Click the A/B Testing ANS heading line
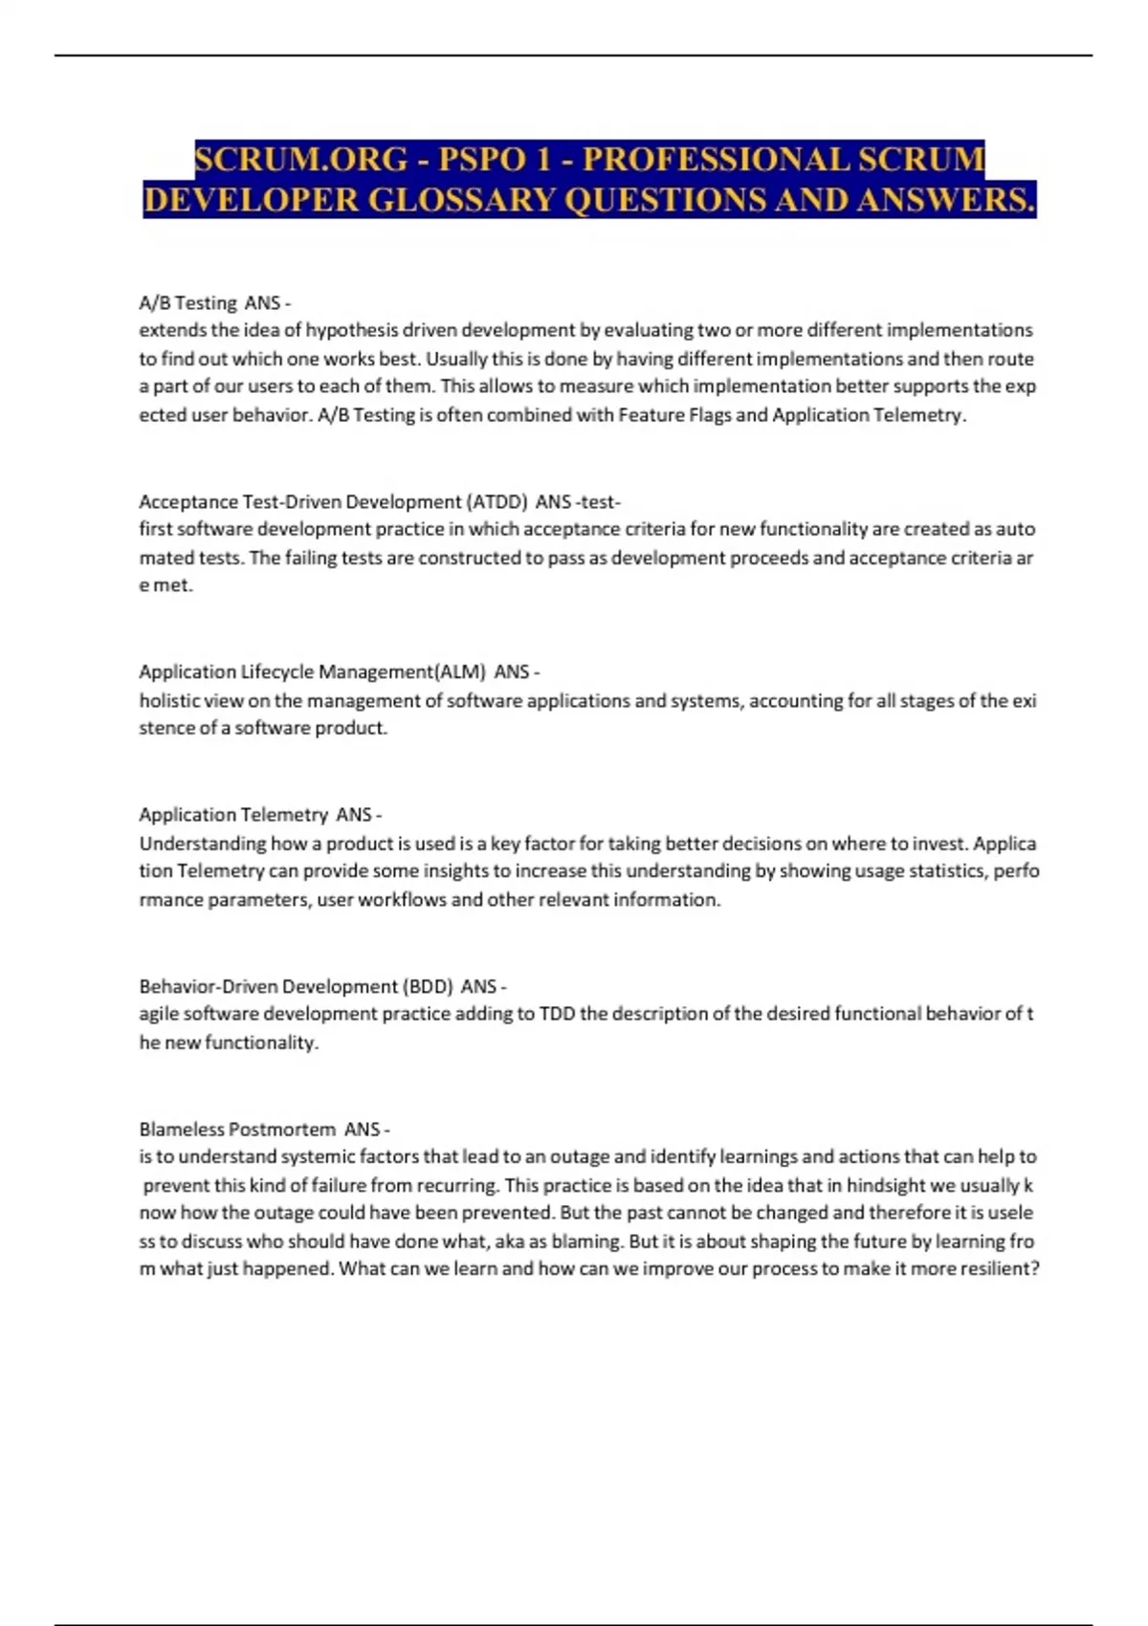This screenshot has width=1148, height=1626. coord(214,303)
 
